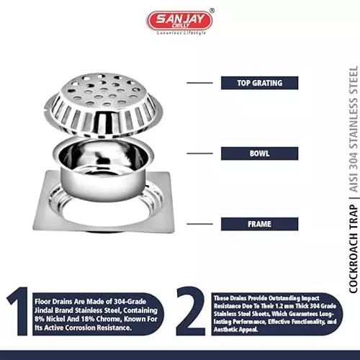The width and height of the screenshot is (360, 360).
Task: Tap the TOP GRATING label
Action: pyautogui.click(x=259, y=83)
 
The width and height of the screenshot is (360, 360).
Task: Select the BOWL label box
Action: pyautogui.click(x=259, y=153)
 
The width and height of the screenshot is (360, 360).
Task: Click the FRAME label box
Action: pyautogui.click(x=259, y=224)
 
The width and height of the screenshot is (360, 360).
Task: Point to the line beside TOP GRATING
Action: pyautogui.click(x=199, y=83)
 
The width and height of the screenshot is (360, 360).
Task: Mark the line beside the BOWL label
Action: pyautogui.click(x=199, y=153)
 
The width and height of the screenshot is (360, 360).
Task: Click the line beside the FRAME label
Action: pyautogui.click(x=199, y=224)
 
